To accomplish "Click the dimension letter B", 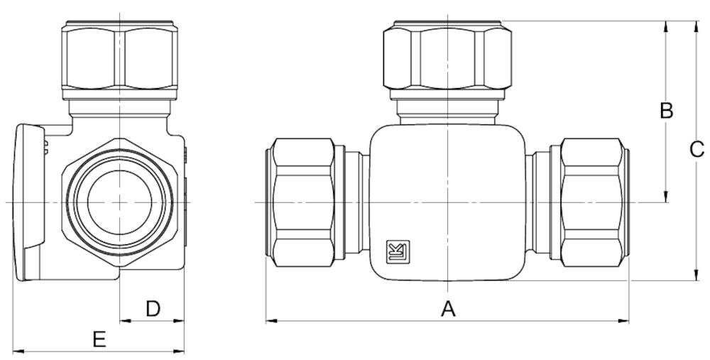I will pos(666,111).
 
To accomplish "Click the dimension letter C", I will pos(697,149).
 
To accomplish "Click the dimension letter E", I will pos(99,339).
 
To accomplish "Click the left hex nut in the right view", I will pos(302,201).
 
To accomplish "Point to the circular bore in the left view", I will pos(119,201).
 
